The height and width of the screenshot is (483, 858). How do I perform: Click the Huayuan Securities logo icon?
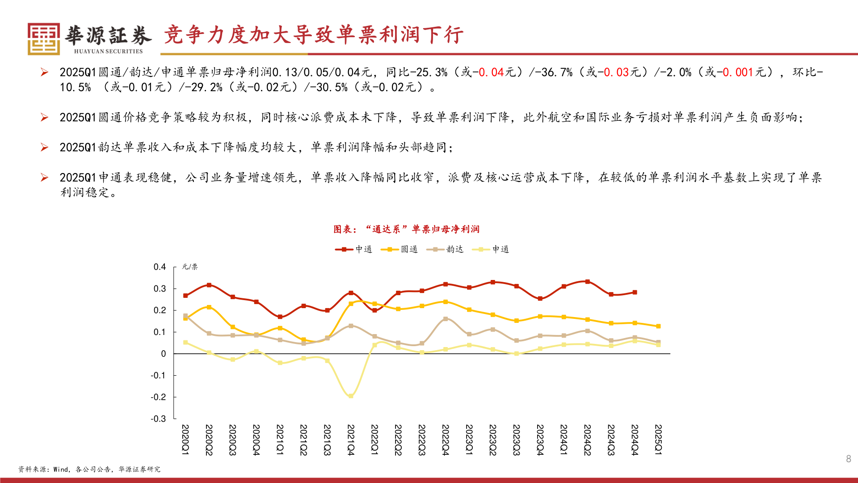pyautogui.click(x=44, y=39)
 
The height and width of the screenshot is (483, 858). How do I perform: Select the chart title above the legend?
pyautogui.click(x=406, y=229)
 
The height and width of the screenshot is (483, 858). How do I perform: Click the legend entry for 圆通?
pyautogui.click(x=399, y=249)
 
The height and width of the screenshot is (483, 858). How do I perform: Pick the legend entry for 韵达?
pyautogui.click(x=445, y=249)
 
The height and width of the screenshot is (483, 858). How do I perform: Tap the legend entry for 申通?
pyautogui.click(x=491, y=249)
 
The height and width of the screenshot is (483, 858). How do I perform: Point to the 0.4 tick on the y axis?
pyautogui.click(x=160, y=267)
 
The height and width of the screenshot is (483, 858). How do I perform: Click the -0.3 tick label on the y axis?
pyautogui.click(x=158, y=419)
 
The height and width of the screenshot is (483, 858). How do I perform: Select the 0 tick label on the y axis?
pyautogui.click(x=163, y=354)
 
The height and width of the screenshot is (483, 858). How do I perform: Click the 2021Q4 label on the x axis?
pyautogui.click(x=351, y=440)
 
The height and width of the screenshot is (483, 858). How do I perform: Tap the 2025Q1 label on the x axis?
pyautogui.click(x=658, y=440)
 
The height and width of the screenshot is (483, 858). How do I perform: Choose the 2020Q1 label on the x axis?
pyautogui.click(x=185, y=440)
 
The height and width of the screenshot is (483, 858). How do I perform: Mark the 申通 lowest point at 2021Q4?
pyautogui.click(x=351, y=396)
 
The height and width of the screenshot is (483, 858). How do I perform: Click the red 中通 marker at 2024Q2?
pyautogui.click(x=587, y=282)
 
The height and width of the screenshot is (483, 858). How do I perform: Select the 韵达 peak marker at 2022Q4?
pyautogui.click(x=446, y=319)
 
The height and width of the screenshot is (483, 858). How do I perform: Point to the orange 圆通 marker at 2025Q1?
pyautogui.click(x=658, y=326)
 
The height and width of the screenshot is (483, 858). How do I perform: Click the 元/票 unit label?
pyautogui.click(x=190, y=267)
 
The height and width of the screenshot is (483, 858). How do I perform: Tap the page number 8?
pyautogui.click(x=848, y=459)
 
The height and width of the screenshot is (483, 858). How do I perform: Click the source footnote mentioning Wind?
pyautogui.click(x=89, y=469)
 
